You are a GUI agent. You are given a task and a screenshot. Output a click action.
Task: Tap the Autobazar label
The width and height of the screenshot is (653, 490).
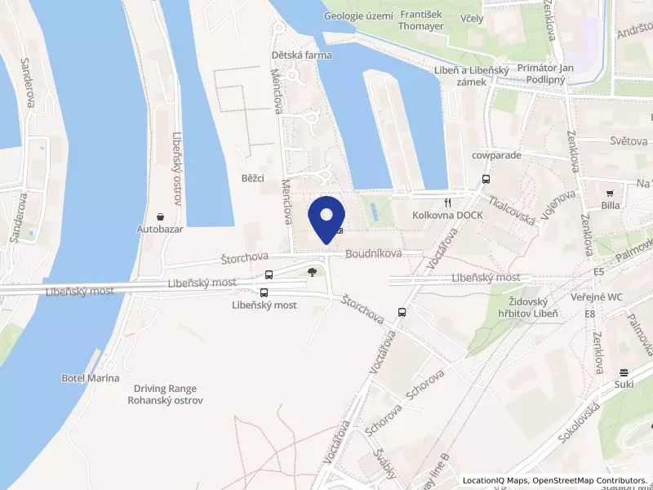(160, 229)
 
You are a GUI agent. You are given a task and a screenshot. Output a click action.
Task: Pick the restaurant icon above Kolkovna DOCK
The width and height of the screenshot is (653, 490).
(447, 202)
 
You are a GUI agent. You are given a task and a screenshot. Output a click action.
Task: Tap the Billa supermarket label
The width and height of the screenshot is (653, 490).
(611, 205)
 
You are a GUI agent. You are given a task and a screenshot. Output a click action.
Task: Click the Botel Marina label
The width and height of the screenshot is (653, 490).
(91, 378)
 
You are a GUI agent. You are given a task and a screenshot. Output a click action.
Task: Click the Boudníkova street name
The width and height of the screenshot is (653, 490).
(374, 254)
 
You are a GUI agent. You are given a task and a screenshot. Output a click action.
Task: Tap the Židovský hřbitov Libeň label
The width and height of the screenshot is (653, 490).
(522, 308)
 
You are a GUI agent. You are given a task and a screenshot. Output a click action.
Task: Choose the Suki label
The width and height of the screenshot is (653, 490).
(624, 383)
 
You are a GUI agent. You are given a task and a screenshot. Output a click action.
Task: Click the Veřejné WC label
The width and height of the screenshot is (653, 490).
(597, 296)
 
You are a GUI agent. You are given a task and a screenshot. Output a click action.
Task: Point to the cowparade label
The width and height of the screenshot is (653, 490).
(495, 155)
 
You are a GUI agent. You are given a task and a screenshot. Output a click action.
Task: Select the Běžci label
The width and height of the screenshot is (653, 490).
(252, 178)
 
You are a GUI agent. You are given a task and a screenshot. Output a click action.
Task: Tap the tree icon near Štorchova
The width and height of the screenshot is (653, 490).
(311, 272)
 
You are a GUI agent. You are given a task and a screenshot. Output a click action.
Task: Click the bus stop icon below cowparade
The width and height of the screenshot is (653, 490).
(486, 179)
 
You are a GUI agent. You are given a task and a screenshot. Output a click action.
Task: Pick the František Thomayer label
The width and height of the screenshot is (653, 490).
(422, 20)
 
